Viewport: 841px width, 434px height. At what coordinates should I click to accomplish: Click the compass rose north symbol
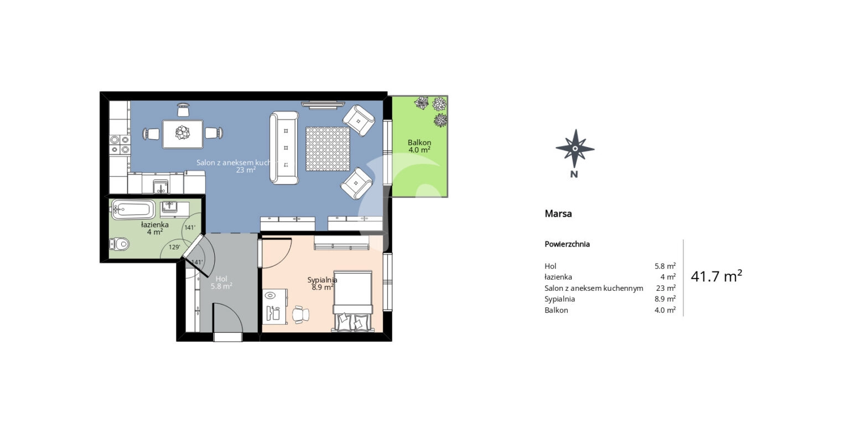(575, 149)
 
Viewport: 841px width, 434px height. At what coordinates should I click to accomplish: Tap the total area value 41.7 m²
(716, 276)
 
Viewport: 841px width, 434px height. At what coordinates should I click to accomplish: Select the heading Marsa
(558, 213)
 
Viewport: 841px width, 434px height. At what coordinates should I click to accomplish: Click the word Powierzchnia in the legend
(567, 244)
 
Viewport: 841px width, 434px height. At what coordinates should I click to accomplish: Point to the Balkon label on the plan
(419, 143)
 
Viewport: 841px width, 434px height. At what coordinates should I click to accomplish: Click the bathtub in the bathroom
(133, 210)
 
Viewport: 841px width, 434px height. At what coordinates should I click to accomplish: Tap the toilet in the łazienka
(120, 243)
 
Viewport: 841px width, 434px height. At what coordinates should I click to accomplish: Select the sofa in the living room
(284, 148)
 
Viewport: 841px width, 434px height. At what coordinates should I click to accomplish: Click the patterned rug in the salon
(328, 149)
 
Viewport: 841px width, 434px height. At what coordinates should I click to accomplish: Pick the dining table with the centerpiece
(182, 134)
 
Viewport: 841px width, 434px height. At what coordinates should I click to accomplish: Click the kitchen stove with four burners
(120, 144)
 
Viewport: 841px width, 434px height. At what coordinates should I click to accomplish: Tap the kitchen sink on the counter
(160, 185)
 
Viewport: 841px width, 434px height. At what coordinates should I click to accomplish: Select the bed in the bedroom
(352, 301)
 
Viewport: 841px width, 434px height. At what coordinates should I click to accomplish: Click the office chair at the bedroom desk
(300, 314)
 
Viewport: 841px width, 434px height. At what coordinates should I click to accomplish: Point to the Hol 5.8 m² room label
(221, 283)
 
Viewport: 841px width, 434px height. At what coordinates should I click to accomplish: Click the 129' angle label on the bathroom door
(175, 247)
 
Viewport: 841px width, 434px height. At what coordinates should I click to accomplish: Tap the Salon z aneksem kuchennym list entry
(594, 288)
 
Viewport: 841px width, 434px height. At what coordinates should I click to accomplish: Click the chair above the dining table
(183, 110)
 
